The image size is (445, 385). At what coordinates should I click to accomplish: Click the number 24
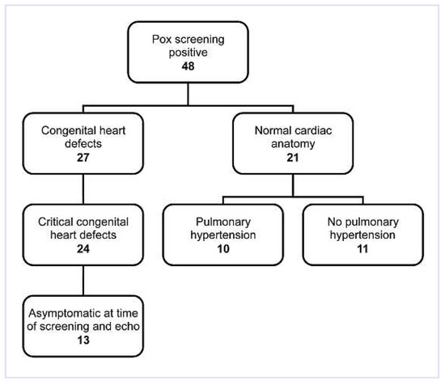coord(84,249)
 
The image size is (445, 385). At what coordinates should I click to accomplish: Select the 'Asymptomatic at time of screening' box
coord(84,327)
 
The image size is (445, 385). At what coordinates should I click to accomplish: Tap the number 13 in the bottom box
coord(84,342)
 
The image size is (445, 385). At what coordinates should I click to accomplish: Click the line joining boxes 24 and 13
coord(84,280)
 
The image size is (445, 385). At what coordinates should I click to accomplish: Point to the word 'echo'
coord(131,327)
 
